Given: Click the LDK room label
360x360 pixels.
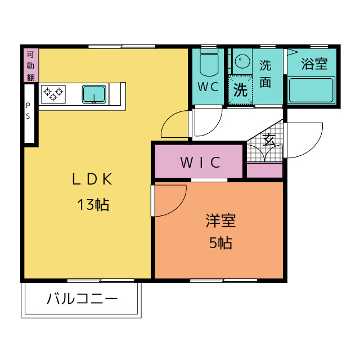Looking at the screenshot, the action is click(92, 179).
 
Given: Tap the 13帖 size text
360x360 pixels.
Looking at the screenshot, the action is click(93, 205).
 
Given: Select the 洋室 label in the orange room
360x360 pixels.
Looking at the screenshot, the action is click(220, 220).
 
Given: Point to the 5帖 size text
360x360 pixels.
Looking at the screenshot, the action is click(220, 242).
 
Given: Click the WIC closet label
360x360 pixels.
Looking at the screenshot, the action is click(200, 163).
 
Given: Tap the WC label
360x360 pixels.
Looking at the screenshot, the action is click(208, 87).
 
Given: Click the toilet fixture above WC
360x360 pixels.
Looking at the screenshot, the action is click(209, 62).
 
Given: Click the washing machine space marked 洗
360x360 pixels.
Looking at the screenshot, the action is click(240, 90).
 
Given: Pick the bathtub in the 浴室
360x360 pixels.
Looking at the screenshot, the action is click(311, 90).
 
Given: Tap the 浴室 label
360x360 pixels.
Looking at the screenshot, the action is click(314, 64).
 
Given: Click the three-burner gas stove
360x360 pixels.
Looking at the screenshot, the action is click(53, 94).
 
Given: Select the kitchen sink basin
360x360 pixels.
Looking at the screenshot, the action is click(94, 94).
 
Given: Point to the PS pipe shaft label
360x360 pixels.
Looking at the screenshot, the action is click(28, 111).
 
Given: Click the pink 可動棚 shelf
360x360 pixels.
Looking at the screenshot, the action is click(31, 65).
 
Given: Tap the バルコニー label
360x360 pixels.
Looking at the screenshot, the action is click(82, 299).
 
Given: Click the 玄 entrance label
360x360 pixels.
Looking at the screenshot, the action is click(269, 140).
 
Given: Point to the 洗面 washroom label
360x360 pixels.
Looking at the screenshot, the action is click(265, 74).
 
